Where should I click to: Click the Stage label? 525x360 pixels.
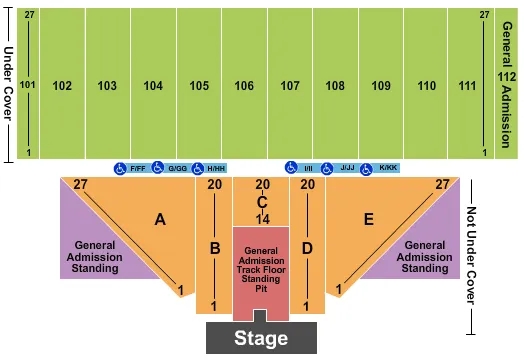click(262, 339)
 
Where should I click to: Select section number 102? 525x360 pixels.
click(62, 86)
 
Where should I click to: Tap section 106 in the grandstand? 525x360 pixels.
click(244, 86)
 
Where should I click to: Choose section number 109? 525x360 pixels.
click(381, 86)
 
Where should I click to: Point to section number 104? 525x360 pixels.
click(153, 86)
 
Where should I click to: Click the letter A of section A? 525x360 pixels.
click(160, 219)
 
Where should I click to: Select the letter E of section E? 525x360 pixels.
click(369, 219)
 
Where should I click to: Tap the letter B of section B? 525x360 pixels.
click(213, 247)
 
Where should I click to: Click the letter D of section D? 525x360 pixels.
click(308, 247)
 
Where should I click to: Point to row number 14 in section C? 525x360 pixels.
click(262, 217)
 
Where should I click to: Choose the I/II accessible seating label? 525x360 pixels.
click(307, 168)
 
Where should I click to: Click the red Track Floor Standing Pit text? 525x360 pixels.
click(262, 270)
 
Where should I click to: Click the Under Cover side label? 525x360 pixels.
click(8, 86)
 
